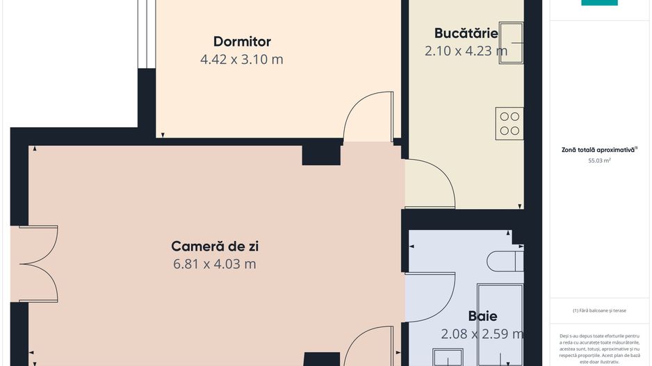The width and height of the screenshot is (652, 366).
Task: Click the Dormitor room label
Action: click(242, 42)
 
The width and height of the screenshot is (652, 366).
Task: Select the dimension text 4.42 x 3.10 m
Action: click(242, 60)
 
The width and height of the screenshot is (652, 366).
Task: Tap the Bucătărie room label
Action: click(466, 33)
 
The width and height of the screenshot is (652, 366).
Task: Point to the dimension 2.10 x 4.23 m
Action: click(466, 51)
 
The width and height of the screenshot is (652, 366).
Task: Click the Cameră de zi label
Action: click(214, 246)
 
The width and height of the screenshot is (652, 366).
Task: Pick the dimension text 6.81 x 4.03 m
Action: click(214, 264)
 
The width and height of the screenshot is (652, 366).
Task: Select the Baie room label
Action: click(482, 317)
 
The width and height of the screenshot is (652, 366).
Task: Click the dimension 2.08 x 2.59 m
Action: click(482, 335)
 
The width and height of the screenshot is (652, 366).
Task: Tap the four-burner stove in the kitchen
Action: click(510, 123)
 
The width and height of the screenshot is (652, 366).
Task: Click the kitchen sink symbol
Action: click(511, 43)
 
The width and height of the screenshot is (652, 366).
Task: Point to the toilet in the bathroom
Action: click(504, 262)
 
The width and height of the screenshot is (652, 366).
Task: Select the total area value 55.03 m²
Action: click(599, 160)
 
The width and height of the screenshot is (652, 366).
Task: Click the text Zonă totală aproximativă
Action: click(599, 149)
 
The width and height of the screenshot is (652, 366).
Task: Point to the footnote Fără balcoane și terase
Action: click(599, 310)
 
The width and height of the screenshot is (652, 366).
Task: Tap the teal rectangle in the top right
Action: click(599, 3)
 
